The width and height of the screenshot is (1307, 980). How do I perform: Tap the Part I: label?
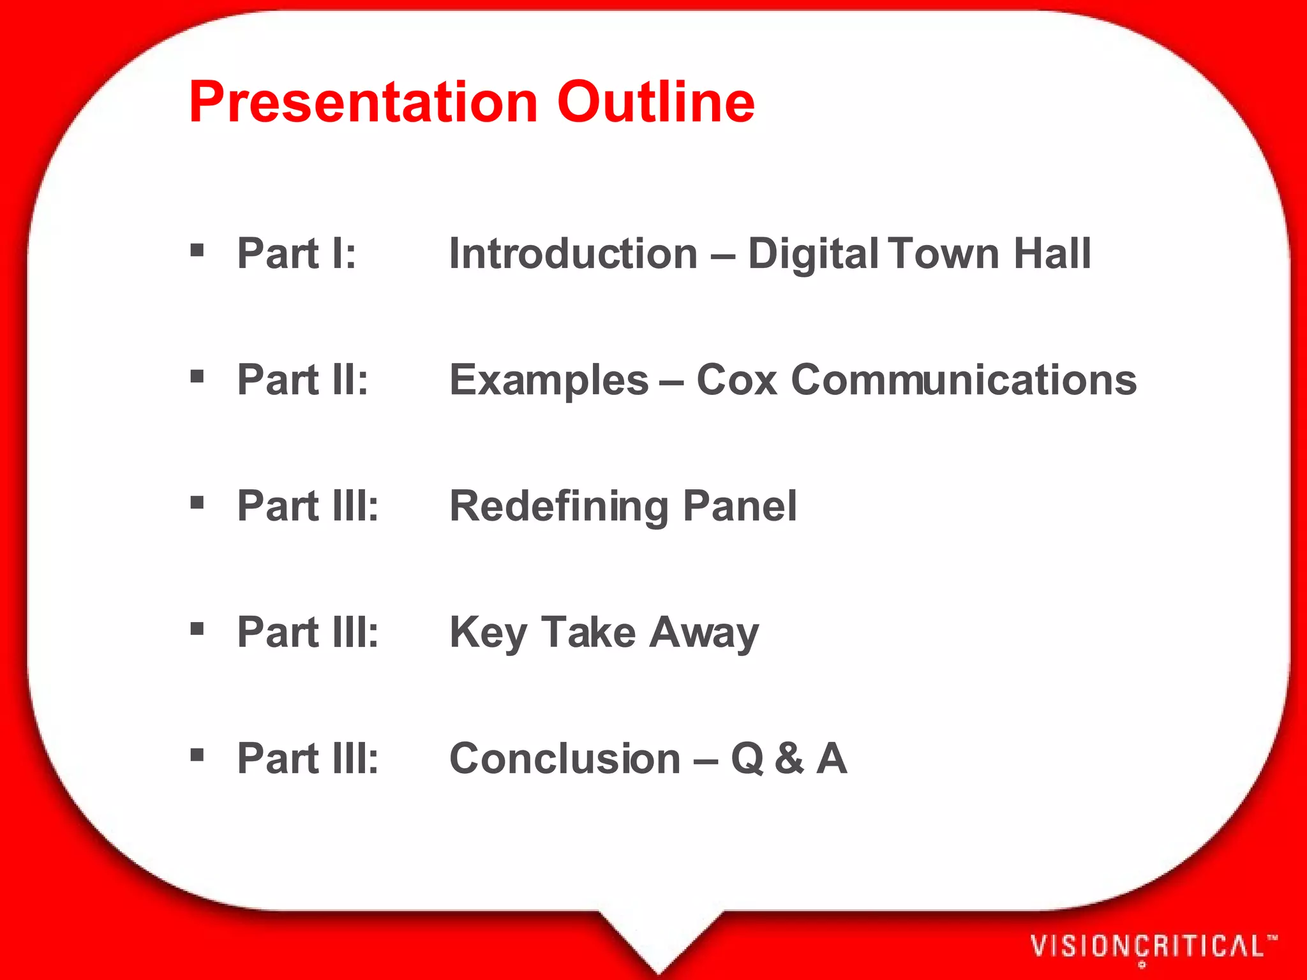pos(296,253)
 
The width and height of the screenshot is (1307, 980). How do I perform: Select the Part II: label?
pos(302,380)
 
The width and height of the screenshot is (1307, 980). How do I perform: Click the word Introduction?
pos(573,253)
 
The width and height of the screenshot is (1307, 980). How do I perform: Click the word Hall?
pos(1052,253)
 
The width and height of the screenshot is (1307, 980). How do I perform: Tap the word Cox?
pos(736,380)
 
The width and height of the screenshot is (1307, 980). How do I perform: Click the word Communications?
pos(964,380)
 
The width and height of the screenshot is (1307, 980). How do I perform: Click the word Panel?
pos(740,505)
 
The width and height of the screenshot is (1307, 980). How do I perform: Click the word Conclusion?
pos(565,759)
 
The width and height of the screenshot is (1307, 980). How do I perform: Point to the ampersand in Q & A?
pos(789,759)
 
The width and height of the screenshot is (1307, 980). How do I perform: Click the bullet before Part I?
pos(197,249)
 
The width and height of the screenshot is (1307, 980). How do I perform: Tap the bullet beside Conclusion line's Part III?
pos(197,755)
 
